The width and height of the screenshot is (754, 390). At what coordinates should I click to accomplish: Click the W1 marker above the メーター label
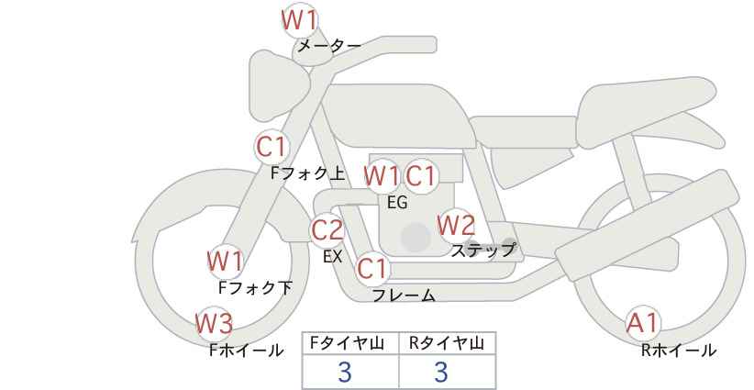pyautogui.click(x=299, y=21)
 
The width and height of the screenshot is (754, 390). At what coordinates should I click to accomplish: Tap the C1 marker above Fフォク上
pyautogui.click(x=272, y=147)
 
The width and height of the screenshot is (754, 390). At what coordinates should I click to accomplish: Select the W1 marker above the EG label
pyautogui.click(x=382, y=176)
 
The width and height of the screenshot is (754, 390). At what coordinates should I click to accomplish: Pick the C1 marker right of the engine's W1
pyautogui.click(x=420, y=176)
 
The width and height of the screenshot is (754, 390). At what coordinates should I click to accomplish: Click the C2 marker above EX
pyautogui.click(x=327, y=230)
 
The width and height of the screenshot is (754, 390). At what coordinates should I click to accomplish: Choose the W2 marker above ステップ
pyautogui.click(x=456, y=225)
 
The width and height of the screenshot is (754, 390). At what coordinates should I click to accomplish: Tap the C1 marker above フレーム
pyautogui.click(x=372, y=268)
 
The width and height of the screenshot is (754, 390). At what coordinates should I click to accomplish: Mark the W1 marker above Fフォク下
pyautogui.click(x=225, y=262)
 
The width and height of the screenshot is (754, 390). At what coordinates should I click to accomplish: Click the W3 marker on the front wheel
pyautogui.click(x=215, y=323)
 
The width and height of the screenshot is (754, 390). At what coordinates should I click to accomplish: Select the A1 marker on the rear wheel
pyautogui.click(x=642, y=323)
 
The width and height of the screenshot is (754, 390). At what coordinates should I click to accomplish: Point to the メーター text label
pyautogui.click(x=329, y=46)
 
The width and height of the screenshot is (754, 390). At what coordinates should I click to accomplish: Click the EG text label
pyautogui.click(x=397, y=203)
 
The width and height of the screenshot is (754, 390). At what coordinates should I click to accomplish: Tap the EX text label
pyautogui.click(x=332, y=257)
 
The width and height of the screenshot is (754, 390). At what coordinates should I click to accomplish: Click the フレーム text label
pyautogui.click(x=404, y=295)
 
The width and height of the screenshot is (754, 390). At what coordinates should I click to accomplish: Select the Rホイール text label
pyautogui.click(x=679, y=351)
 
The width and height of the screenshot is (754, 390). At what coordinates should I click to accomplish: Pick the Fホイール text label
pyautogui.click(x=247, y=351)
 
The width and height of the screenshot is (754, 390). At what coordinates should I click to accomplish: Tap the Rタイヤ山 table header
pyautogui.click(x=447, y=343)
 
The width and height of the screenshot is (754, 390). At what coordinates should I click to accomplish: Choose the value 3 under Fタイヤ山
pyautogui.click(x=345, y=372)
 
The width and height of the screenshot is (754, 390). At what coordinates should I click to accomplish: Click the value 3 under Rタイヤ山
pyautogui.click(x=441, y=372)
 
